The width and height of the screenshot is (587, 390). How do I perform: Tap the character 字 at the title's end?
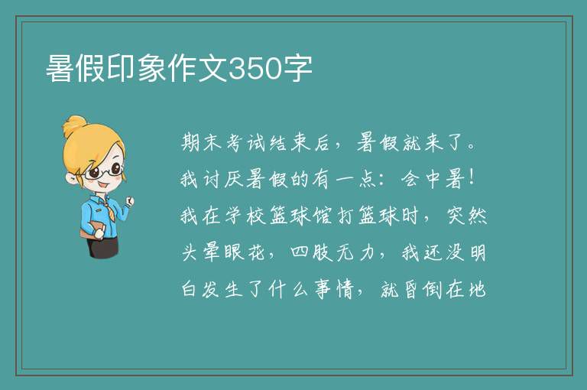[297, 69]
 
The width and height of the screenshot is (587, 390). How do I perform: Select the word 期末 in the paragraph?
[202, 142]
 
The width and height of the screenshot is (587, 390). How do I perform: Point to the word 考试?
[246, 142]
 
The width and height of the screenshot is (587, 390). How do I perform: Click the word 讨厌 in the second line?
[223, 179]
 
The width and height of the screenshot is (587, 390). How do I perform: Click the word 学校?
[245, 216]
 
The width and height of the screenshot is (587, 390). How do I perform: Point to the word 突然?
[467, 216]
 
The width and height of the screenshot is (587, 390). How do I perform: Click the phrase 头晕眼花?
[223, 252]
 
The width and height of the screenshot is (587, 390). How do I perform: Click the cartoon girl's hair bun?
[74, 126]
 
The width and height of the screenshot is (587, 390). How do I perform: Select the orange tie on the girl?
[109, 210]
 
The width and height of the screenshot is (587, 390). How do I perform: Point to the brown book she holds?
[92, 230]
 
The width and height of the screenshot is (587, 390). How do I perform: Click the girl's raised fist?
[129, 201]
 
